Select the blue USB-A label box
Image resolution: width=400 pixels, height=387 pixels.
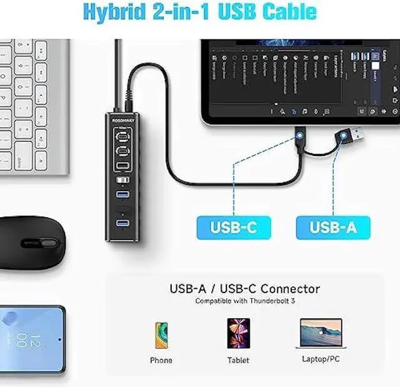pyautogui.click(x=332, y=227)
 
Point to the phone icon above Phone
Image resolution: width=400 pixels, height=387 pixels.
pyautogui.click(x=161, y=334)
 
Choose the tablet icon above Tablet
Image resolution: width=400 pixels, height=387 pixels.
pyautogui.click(x=238, y=333)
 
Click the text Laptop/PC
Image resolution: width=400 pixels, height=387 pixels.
pyautogui.click(x=321, y=360)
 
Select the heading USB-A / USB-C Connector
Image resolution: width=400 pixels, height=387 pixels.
pyautogui.click(x=245, y=289)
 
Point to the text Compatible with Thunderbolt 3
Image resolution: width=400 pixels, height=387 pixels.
pyautogui.click(x=245, y=301)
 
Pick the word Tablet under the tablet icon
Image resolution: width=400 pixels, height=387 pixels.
pyautogui.click(x=238, y=360)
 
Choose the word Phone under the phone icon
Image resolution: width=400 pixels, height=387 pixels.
pyautogui.click(x=161, y=360)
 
